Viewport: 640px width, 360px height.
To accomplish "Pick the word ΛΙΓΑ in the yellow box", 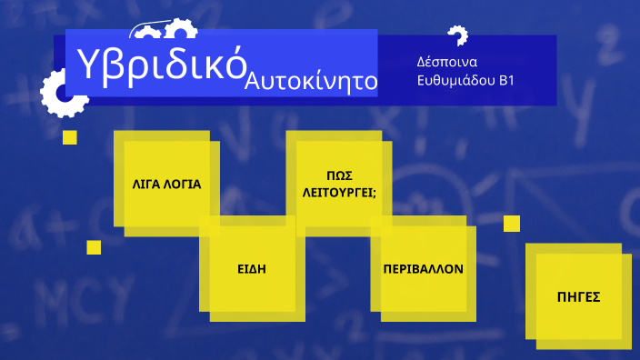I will [149, 184].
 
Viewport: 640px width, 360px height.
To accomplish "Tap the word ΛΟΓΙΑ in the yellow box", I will [185, 184].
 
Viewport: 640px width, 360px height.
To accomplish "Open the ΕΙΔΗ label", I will [252, 270].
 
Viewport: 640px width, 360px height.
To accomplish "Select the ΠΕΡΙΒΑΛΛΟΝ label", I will [424, 270].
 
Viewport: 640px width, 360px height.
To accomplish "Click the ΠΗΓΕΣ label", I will [578, 296].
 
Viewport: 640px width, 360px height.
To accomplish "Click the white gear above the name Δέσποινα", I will [457, 35].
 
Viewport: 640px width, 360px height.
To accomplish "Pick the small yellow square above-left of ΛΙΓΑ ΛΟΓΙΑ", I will [70, 137].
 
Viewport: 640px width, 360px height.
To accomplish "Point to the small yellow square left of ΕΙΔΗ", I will [94, 247].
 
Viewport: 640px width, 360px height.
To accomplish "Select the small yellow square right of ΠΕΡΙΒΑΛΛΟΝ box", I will [512, 223].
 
